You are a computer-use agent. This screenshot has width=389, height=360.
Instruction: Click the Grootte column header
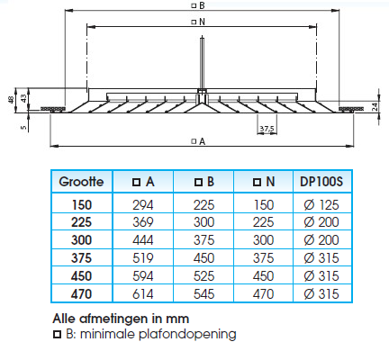coord(81,182)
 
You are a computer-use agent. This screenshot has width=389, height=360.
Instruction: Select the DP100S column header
coord(321,182)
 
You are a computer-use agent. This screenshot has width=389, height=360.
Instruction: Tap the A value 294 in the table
coord(143,205)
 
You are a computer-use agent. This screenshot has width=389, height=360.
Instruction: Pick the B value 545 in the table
coord(204,294)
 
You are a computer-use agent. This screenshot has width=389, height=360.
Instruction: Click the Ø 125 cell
coord(321,205)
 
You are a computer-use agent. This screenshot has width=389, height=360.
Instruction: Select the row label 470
coord(81,294)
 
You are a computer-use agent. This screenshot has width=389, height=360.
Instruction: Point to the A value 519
coord(143,258)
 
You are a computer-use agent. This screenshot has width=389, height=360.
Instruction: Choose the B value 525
coord(204,276)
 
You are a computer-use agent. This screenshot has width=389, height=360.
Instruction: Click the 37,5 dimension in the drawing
coord(267,129)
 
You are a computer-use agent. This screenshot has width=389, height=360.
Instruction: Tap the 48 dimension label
coord(11,100)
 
